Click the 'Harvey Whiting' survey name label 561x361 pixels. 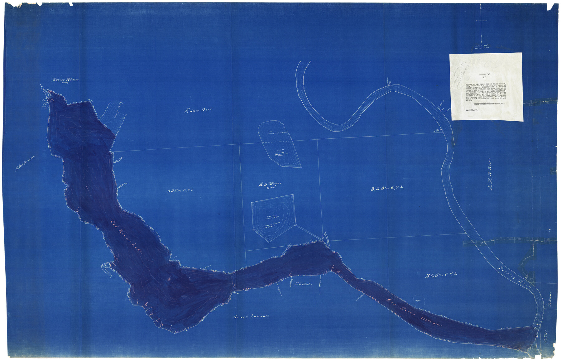coord(65,80)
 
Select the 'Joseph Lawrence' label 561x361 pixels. coord(252,317)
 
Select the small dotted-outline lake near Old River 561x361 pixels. coord(418,301)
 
